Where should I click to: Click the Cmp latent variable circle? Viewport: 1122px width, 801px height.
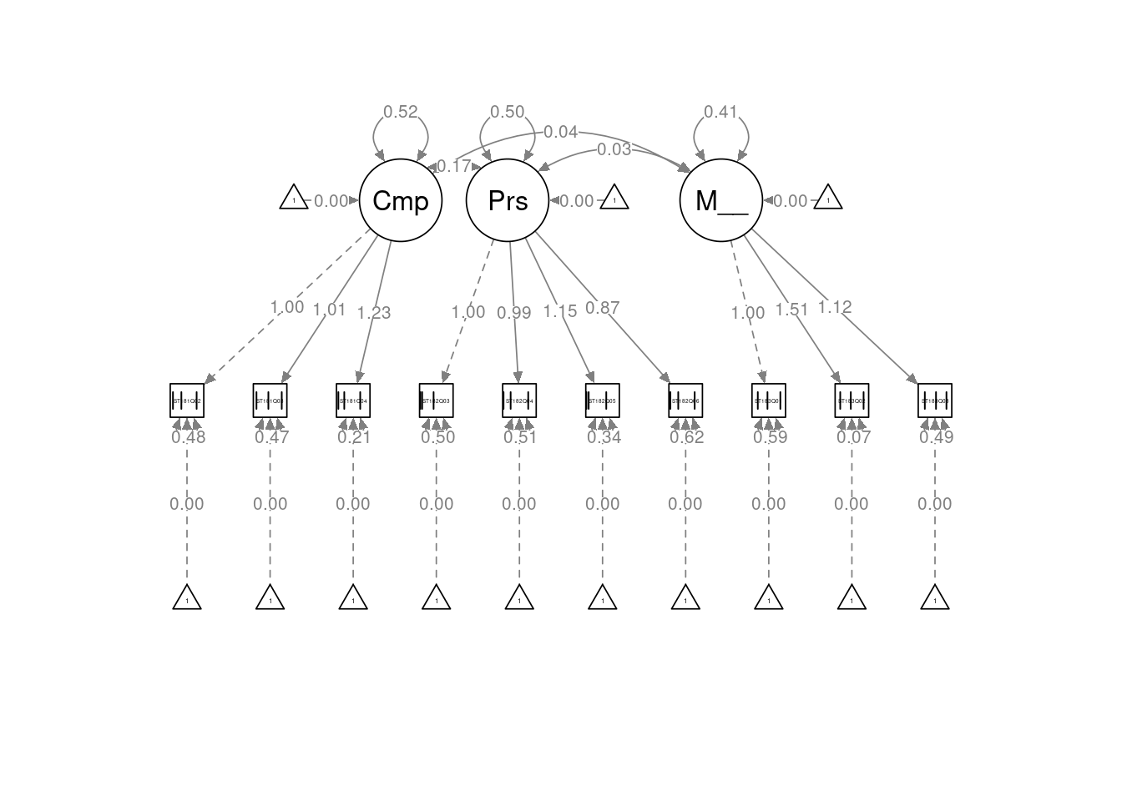[x=401, y=201]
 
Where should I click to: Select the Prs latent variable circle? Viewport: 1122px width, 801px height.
[x=508, y=201]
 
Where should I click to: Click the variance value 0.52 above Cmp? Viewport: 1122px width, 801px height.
[x=401, y=112]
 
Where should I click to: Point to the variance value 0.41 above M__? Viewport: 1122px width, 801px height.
[x=721, y=112]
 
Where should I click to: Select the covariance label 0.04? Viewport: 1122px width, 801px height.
[x=560, y=132]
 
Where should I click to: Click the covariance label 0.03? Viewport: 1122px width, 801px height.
[x=614, y=150]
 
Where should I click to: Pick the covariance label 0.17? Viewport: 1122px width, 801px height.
[x=454, y=167]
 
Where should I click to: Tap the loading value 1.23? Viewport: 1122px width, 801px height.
[x=374, y=313]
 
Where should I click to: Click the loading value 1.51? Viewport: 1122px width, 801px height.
[x=791, y=310]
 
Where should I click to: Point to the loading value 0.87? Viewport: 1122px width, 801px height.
[x=602, y=308]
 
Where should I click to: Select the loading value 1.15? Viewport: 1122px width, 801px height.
[x=560, y=311]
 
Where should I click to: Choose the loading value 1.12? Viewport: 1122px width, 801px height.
[x=834, y=307]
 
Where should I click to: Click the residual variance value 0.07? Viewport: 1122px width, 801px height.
[x=853, y=437]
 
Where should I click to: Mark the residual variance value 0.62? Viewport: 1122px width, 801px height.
[x=687, y=437]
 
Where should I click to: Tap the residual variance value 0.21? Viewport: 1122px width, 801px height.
[x=355, y=437]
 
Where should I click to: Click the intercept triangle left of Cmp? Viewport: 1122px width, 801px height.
[x=294, y=199]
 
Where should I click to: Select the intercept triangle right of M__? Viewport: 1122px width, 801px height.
[x=828, y=199]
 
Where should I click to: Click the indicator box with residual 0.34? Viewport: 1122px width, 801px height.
[x=602, y=400]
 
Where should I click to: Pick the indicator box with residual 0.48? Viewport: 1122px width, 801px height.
[x=187, y=400]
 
